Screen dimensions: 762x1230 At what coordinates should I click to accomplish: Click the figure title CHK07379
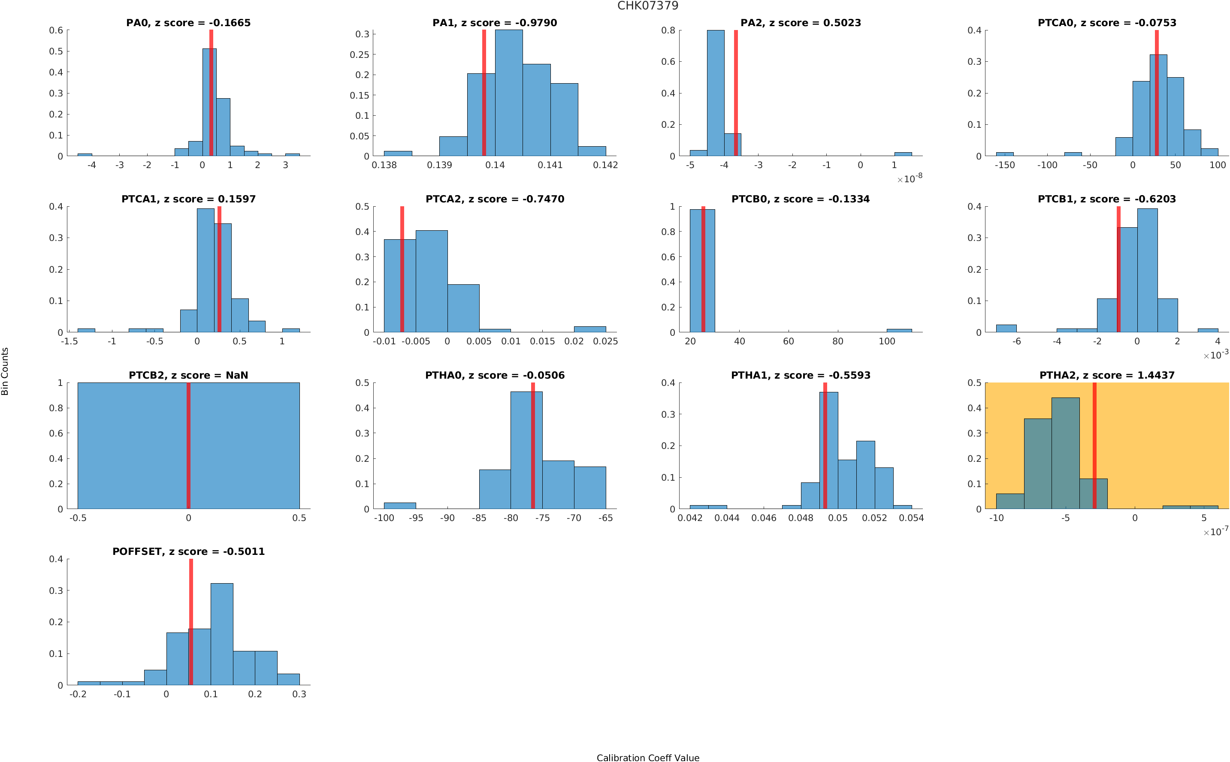tap(647, 6)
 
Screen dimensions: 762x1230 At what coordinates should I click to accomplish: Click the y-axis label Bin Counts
tap(5, 371)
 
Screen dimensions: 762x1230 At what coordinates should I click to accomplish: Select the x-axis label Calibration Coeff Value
tap(647, 757)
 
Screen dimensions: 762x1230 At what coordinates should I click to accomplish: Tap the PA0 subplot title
tap(188, 23)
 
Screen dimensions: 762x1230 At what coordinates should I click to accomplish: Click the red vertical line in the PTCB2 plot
tap(188, 446)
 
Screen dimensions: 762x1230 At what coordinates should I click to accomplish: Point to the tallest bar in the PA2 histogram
tap(715, 93)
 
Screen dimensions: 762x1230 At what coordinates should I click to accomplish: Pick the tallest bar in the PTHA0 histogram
tap(526, 450)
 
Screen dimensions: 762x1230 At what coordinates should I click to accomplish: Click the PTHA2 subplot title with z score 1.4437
tap(1106, 376)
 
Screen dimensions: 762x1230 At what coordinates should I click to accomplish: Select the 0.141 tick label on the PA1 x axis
tap(550, 165)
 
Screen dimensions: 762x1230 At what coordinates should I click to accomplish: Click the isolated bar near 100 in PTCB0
tap(899, 331)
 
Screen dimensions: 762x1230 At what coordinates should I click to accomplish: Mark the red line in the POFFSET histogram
tap(191, 622)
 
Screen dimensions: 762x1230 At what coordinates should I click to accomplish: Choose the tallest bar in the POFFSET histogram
tap(222, 634)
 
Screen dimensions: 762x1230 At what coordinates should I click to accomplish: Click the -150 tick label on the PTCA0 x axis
tap(1004, 165)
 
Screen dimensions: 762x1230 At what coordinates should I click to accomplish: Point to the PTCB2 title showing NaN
tap(188, 376)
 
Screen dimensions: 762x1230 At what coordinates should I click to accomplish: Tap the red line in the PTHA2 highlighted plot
tap(1094, 446)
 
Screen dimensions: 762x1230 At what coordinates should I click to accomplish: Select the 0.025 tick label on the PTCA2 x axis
tap(605, 341)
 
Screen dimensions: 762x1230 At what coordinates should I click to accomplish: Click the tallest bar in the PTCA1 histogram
tap(205, 270)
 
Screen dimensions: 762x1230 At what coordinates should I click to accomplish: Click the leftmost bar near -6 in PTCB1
tap(1006, 328)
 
